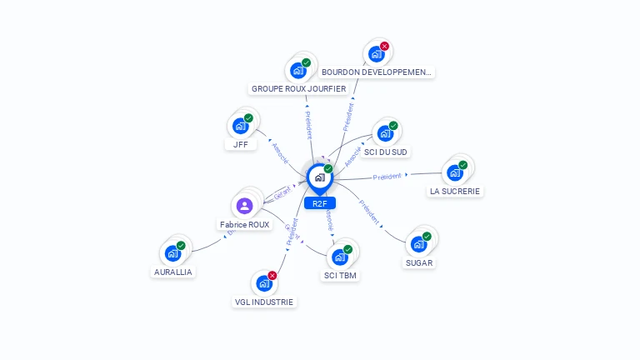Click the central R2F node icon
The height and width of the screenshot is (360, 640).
tap(319, 177)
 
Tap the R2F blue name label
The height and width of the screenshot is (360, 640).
tap(319, 203)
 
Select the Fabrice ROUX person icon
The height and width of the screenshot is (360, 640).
tap(244, 205)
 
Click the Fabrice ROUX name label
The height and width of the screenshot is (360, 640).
tap(245, 225)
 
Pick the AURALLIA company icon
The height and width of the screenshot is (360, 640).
tap(172, 252)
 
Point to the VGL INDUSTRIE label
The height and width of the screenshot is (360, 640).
tap(264, 302)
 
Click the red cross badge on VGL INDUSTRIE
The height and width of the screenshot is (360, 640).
tap(272, 275)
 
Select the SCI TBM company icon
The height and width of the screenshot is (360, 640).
tap(340, 257)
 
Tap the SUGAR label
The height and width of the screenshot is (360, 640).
tap(419, 262)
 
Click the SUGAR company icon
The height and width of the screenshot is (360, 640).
tap(418, 244)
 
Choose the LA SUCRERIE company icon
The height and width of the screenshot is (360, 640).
tap(454, 172)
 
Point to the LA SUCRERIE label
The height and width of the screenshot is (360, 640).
tap(455, 191)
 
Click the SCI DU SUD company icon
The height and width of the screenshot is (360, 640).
tap(385, 132)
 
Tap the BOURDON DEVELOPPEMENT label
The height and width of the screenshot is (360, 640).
tap(377, 72)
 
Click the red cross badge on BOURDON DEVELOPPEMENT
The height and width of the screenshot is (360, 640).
tap(384, 47)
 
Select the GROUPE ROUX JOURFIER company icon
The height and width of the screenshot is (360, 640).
tap(298, 71)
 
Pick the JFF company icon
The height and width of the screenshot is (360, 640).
tap(240, 126)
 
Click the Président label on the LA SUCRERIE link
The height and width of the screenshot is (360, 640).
tap(387, 177)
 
